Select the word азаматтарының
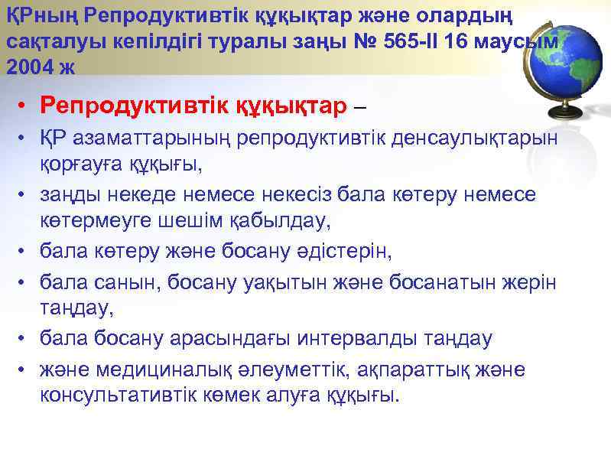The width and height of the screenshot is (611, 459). pyautogui.click(x=134, y=140)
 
